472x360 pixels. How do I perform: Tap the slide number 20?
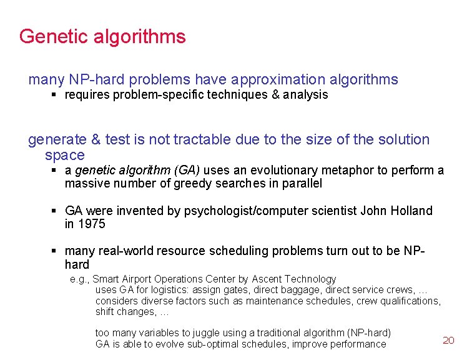(x=448, y=340)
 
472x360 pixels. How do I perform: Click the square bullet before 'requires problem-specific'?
(x=54, y=95)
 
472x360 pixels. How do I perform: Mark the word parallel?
(x=303, y=183)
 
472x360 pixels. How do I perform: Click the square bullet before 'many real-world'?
(x=54, y=251)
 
